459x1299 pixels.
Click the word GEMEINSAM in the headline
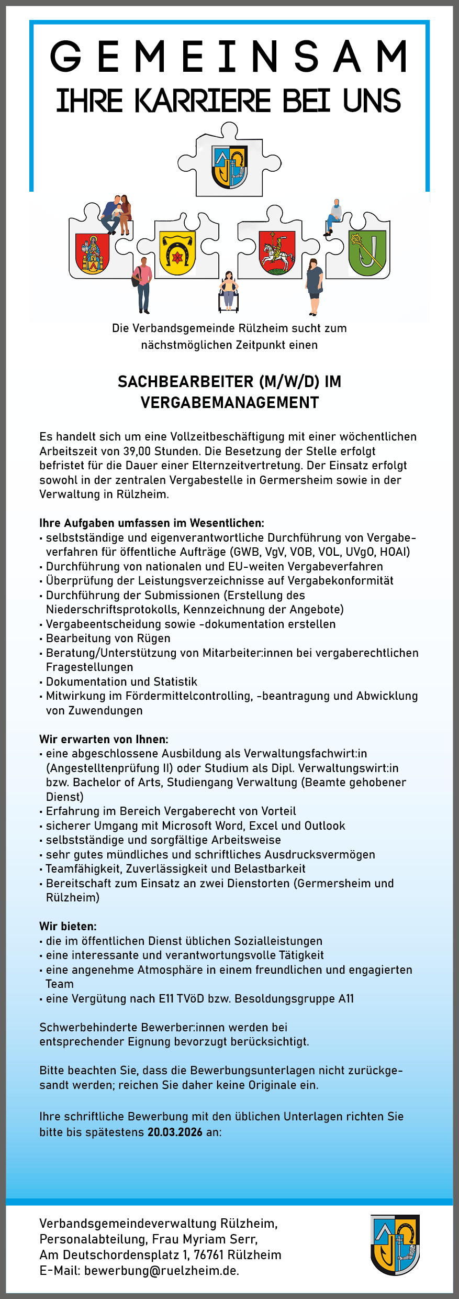[x=229, y=57]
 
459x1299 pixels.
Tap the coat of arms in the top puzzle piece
[x=230, y=167]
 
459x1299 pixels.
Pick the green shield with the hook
[x=367, y=253]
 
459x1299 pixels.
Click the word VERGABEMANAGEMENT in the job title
[x=229, y=402]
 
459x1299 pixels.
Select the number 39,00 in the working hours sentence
[x=137, y=451]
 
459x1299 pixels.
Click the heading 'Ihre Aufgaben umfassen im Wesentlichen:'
[x=152, y=523]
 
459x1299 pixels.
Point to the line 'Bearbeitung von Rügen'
[x=108, y=638]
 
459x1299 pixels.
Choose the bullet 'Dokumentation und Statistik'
[x=121, y=681]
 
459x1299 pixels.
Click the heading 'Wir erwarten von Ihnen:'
[x=104, y=739]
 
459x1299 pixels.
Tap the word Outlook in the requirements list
[x=324, y=825]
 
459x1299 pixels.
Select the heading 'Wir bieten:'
[x=68, y=926]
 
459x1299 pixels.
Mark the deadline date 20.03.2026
[x=175, y=1132]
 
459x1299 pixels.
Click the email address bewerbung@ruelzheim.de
[x=161, y=1270]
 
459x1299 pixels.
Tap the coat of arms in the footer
[x=395, y=1245]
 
